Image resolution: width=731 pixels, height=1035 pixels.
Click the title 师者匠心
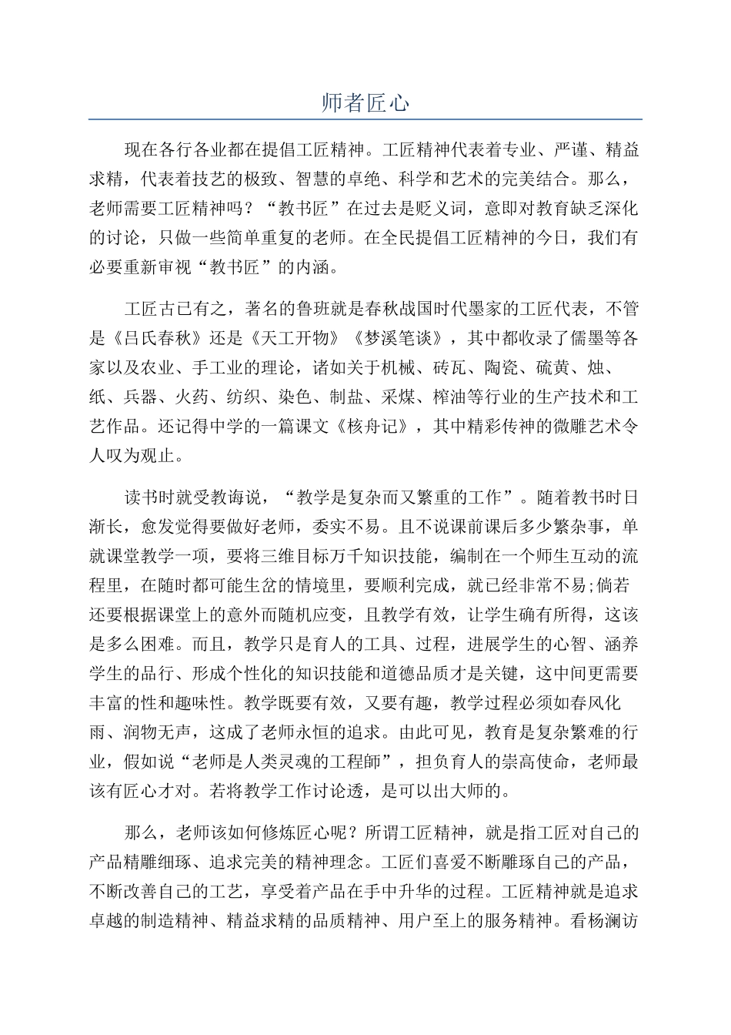click(x=365, y=104)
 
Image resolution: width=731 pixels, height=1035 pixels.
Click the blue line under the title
click(x=365, y=119)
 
